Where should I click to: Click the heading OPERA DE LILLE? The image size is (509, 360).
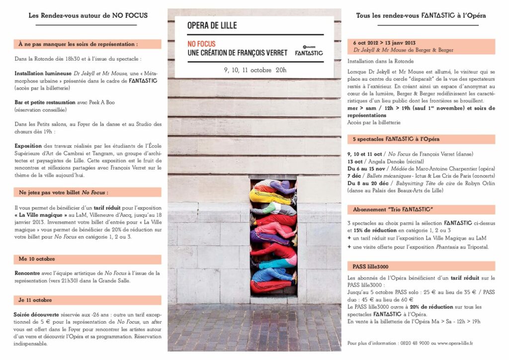click(212, 25)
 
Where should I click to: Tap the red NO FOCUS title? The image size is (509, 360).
click(201, 44)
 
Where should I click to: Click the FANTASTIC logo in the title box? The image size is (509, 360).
click(309, 51)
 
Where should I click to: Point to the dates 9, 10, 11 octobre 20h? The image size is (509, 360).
click(255, 70)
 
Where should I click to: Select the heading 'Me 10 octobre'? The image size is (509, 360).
click(37, 259)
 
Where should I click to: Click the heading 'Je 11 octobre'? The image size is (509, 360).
click(35, 300)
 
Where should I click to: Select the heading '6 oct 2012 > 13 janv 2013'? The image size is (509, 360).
click(384, 43)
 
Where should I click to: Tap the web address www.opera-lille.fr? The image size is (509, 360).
click(453, 343)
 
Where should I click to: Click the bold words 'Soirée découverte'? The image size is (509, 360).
click(33, 315)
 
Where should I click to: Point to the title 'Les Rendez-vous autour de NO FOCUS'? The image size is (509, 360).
click(88, 15)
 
